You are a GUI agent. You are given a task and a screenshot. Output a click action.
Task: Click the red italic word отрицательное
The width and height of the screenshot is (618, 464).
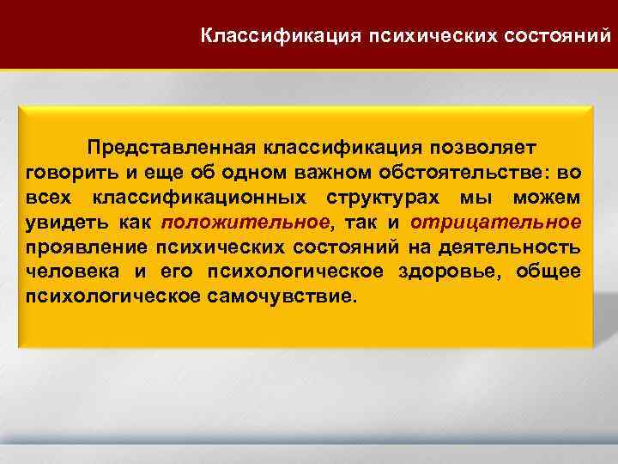pyautogui.click(x=495, y=223)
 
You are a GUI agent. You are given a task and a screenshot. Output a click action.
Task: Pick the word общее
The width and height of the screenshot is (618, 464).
pyautogui.click(x=550, y=272)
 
